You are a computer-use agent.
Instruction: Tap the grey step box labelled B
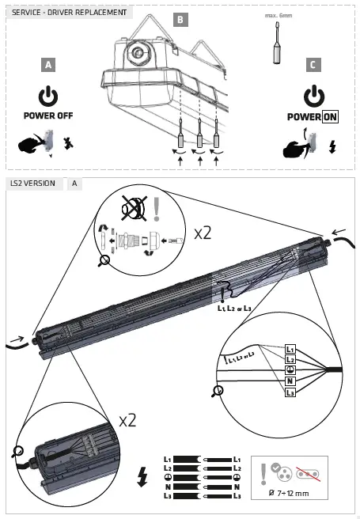[180, 19]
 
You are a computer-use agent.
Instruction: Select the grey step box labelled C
[314, 65]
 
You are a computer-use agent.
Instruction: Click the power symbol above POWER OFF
[48, 97]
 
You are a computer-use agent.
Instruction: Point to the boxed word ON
[330, 116]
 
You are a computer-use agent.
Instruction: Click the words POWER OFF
[48, 116]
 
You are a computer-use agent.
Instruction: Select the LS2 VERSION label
[33, 184]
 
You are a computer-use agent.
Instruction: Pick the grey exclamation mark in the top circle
[157, 208]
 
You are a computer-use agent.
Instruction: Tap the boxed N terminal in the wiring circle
[290, 380]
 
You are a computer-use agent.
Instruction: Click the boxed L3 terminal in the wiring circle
[290, 392]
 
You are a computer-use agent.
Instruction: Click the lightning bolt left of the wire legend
[142, 477]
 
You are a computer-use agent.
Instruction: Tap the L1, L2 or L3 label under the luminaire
[234, 309]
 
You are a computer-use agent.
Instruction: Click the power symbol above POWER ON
[314, 97]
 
